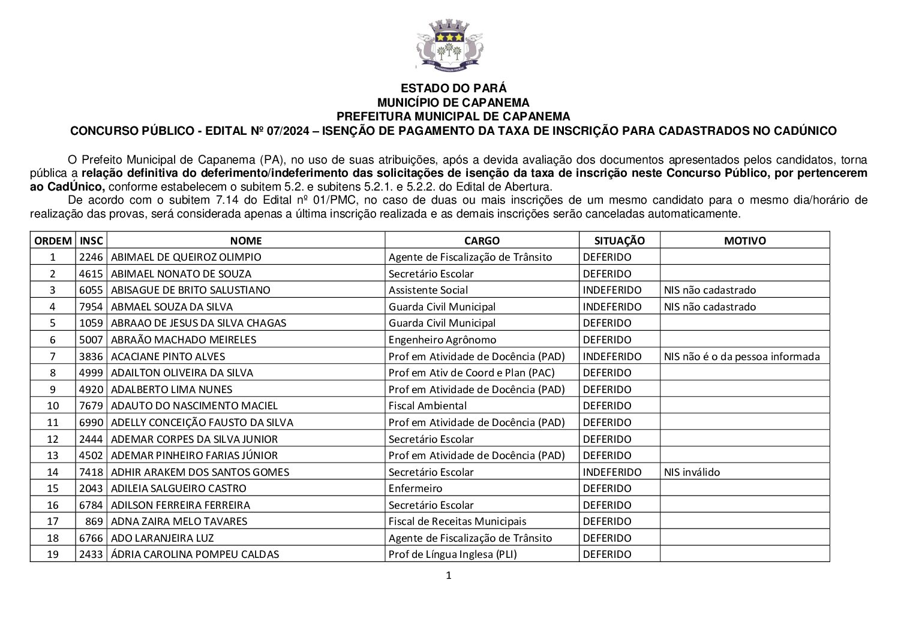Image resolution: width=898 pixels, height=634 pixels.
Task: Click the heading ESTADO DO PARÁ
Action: (x=453, y=88)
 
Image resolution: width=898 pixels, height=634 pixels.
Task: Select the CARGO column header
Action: (x=482, y=241)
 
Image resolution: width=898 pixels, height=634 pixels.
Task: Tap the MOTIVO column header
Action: (x=744, y=241)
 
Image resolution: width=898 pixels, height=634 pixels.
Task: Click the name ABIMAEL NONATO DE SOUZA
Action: (x=181, y=274)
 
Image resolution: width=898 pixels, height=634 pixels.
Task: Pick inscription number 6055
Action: (x=91, y=290)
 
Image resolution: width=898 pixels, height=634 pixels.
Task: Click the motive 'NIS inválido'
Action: (x=692, y=472)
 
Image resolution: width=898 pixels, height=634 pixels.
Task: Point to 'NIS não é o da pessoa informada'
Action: (x=741, y=357)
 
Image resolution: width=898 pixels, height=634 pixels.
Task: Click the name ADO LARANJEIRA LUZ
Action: (x=163, y=538)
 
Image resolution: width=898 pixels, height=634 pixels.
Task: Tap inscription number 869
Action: (x=95, y=521)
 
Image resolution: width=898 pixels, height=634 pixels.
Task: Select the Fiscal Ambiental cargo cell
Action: (x=427, y=406)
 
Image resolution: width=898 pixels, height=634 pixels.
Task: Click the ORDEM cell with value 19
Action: (x=53, y=554)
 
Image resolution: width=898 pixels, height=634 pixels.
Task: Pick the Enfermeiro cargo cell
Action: (x=415, y=488)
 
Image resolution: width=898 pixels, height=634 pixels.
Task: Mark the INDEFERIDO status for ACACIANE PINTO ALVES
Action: (x=612, y=357)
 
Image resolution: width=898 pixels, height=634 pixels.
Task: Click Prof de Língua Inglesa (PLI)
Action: (x=452, y=554)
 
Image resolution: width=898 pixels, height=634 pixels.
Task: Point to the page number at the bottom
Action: (x=448, y=576)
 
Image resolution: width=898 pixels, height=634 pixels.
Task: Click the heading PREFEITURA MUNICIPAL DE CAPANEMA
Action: (x=453, y=116)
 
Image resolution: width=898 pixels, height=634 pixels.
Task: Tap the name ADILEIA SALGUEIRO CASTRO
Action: (x=179, y=488)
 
